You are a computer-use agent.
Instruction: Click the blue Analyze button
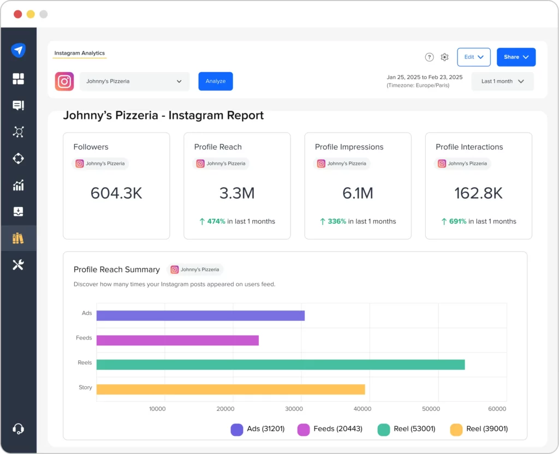(215, 81)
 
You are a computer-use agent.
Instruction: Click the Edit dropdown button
(473, 57)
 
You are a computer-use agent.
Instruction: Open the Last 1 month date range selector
(502, 81)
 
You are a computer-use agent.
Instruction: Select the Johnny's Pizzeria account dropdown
(134, 81)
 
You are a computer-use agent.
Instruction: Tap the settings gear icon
(444, 57)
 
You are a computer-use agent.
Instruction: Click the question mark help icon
(429, 57)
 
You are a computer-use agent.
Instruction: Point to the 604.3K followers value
(116, 193)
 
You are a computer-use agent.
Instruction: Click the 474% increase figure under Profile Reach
(216, 222)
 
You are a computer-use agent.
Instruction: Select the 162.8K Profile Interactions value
(478, 193)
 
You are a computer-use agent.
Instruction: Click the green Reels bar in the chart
(281, 365)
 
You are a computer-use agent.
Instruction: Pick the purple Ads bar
(200, 315)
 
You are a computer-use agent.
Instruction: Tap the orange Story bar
(230, 389)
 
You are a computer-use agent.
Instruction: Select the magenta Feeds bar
(177, 340)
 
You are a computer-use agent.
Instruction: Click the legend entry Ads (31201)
(258, 429)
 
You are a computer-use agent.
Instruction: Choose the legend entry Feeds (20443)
(330, 429)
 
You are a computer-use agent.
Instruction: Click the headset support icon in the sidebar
(18, 429)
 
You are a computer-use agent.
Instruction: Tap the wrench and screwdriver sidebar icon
(18, 265)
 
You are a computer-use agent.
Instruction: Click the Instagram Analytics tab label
(79, 53)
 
